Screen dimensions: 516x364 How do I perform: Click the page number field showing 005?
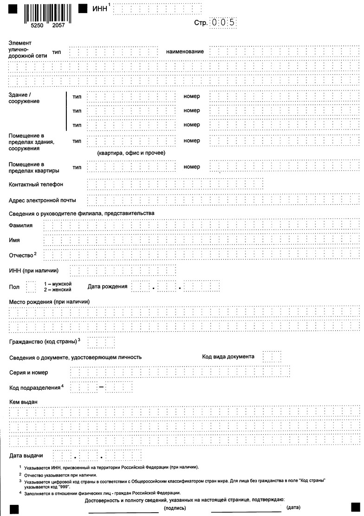[223, 22]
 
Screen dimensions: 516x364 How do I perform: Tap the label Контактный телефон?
[36, 184]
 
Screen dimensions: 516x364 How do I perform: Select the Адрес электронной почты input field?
[223, 200]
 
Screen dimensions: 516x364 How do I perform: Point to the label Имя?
[14, 240]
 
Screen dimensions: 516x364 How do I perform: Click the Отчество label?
[21, 255]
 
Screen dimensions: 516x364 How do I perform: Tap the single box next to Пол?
[31, 287]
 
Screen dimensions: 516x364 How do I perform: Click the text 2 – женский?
[58, 290]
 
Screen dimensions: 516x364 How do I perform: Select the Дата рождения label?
[107, 286]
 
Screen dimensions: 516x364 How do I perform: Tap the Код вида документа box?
[272, 357]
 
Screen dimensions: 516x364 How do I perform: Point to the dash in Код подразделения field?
[101, 387]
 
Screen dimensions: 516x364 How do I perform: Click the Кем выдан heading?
[23, 401]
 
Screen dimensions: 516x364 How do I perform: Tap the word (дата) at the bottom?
[293, 509]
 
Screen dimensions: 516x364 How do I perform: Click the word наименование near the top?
[185, 52]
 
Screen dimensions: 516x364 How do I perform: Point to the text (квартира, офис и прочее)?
[131, 153]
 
